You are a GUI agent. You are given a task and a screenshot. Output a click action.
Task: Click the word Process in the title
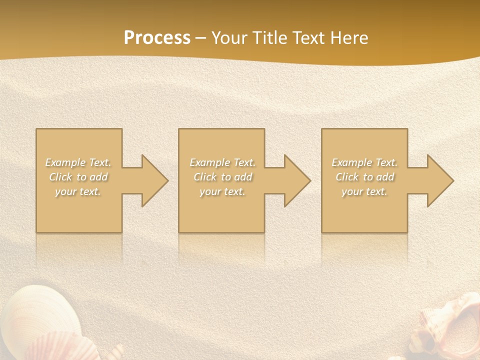pyautogui.click(x=157, y=38)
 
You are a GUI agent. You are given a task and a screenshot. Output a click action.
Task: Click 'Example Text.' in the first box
pyautogui.click(x=78, y=162)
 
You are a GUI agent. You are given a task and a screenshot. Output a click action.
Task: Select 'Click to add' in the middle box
pyautogui.click(x=222, y=177)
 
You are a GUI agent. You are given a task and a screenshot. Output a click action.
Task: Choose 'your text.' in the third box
pyautogui.click(x=364, y=191)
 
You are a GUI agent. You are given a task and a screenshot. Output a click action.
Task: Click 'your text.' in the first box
pyautogui.click(x=78, y=191)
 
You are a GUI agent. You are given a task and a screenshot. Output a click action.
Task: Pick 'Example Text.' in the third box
pyautogui.click(x=364, y=162)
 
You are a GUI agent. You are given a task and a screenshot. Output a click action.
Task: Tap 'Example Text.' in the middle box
pyautogui.click(x=222, y=162)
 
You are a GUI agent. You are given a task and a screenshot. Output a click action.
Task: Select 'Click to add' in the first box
pyautogui.click(x=78, y=177)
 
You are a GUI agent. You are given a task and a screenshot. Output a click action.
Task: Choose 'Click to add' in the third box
pyautogui.click(x=364, y=177)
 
